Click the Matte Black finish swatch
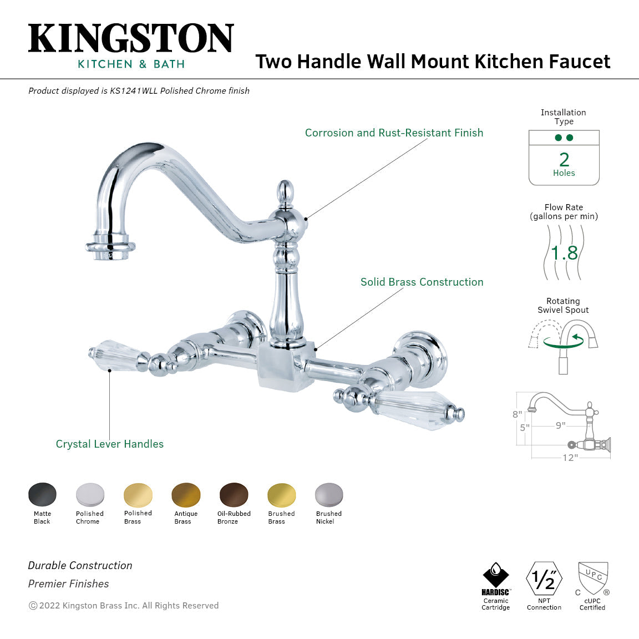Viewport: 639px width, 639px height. pos(42,494)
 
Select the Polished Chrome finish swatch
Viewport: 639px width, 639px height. pos(90,494)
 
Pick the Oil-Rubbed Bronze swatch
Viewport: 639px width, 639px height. pos(234,494)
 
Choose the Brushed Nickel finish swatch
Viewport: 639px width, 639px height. pos(329,494)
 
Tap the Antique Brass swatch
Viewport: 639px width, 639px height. pos(186,494)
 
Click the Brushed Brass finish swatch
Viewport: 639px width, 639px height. pos(281,494)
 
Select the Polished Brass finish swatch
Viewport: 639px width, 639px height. pos(138,494)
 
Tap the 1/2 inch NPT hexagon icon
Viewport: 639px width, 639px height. pos(544,579)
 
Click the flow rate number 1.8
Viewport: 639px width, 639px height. pos(564,253)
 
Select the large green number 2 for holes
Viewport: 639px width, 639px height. pos(564,160)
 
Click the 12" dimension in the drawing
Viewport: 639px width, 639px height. pos(570,458)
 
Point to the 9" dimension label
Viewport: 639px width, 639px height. pos(561,425)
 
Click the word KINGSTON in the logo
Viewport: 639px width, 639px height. pos(131,39)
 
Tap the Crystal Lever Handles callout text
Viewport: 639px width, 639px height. pos(110,444)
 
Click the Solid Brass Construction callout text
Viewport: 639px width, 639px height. pos(422,282)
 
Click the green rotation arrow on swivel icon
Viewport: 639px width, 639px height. pos(563,341)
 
